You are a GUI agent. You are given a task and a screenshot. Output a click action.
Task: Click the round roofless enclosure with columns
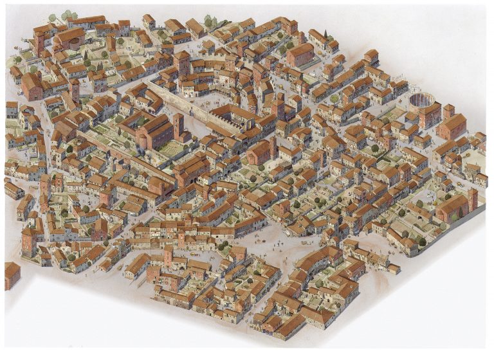(x=421, y=101)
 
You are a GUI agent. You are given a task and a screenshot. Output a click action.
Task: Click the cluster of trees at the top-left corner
(x=68, y=14)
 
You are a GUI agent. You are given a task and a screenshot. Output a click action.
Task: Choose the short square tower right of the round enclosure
(x=448, y=111)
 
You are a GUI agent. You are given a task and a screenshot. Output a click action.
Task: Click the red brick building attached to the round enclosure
(x=429, y=116)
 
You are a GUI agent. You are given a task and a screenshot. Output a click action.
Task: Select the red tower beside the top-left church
(x=39, y=42)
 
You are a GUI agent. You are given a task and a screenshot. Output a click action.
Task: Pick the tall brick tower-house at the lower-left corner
(x=28, y=242)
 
